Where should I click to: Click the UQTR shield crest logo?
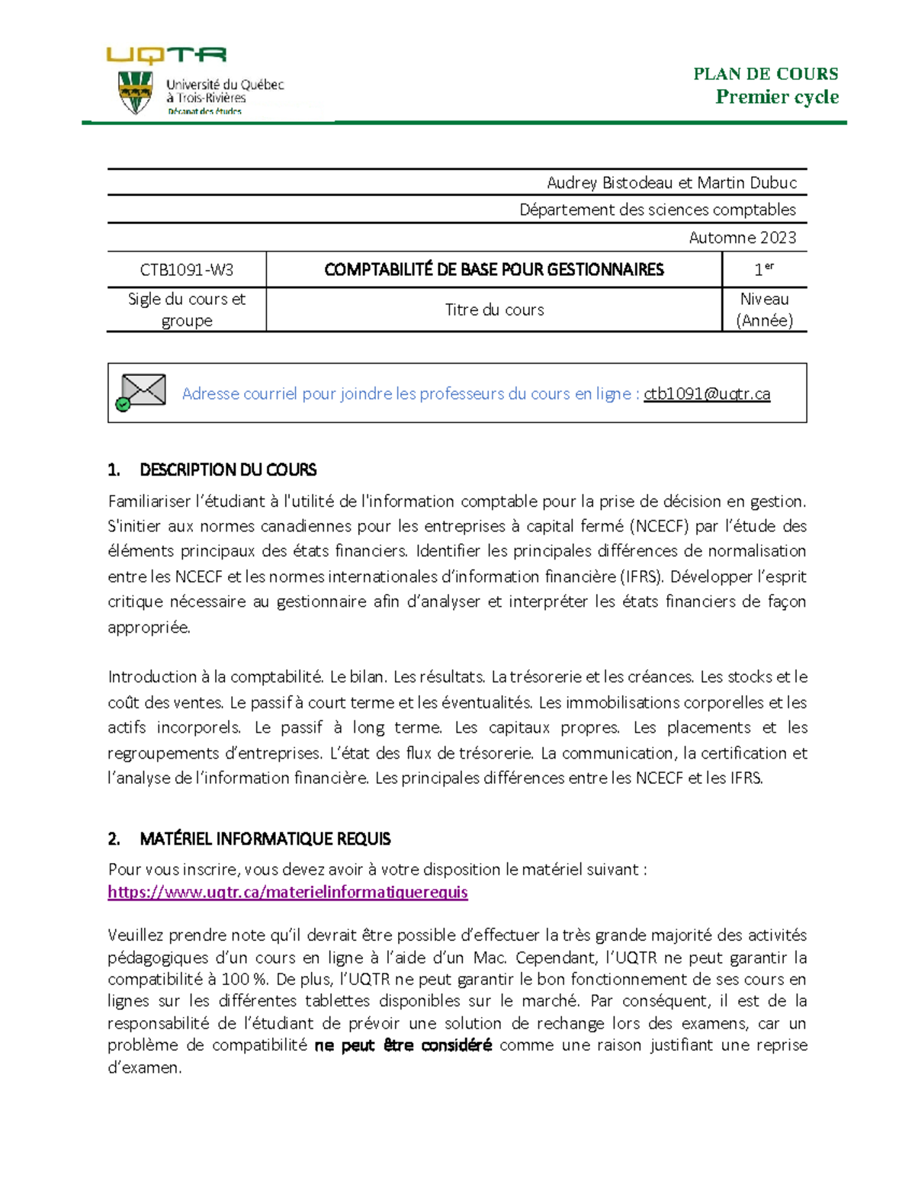pyautogui.click(x=135, y=93)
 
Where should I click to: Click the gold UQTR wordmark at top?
pyautogui.click(x=166, y=55)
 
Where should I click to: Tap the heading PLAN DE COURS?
pyautogui.click(x=765, y=74)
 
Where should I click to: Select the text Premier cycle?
pyautogui.click(x=776, y=97)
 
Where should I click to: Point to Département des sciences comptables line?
pyautogui.click(x=657, y=210)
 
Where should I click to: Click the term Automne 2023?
pyautogui.click(x=742, y=238)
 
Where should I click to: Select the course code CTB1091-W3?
pyautogui.click(x=187, y=270)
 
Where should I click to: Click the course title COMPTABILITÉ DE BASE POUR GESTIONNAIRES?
pyautogui.click(x=493, y=270)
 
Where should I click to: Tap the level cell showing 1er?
pyautogui.click(x=763, y=269)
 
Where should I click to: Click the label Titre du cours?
pyautogui.click(x=494, y=310)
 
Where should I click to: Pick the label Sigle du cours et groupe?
pyautogui.click(x=187, y=310)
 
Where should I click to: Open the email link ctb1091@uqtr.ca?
pyautogui.click(x=707, y=394)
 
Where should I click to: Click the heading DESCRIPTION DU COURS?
pyautogui.click(x=227, y=470)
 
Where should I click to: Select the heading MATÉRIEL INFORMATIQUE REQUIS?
pyautogui.click(x=265, y=839)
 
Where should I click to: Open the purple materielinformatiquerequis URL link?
pyautogui.click(x=287, y=892)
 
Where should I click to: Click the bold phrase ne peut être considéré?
pyautogui.click(x=403, y=1045)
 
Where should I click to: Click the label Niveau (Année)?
pyautogui.click(x=764, y=310)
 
